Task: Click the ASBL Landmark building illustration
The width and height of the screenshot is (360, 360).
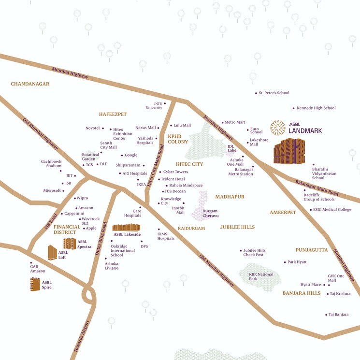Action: tap(289, 151)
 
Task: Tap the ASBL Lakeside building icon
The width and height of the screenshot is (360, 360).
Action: tap(126, 227)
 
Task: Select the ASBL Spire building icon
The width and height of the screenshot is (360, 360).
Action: tap(35, 284)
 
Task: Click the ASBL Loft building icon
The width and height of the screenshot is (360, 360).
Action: tap(52, 252)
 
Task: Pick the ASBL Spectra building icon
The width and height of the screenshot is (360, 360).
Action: tap(70, 244)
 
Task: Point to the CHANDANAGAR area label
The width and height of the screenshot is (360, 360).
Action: tap(30, 84)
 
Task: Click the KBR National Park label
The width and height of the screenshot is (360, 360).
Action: tap(261, 276)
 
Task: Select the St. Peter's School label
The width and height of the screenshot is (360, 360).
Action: tap(274, 93)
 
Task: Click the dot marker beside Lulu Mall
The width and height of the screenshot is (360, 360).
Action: tap(171, 125)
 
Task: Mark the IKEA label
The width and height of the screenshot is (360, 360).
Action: tap(142, 185)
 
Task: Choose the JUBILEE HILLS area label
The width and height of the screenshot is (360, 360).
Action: tap(237, 227)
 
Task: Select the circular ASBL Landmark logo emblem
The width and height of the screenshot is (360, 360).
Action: tap(277, 128)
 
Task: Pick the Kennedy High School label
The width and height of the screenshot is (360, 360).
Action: tap(316, 108)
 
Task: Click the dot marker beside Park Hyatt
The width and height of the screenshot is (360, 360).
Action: tap(285, 262)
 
